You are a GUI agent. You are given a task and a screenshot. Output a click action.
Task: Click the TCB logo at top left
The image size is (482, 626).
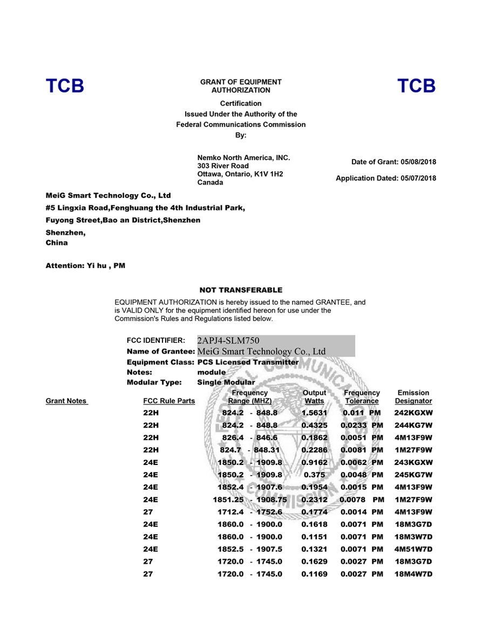click(65, 86)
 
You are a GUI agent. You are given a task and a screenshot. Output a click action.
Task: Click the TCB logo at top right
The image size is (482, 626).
click(416, 86)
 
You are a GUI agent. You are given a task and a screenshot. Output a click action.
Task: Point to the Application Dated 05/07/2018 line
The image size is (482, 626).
click(386, 178)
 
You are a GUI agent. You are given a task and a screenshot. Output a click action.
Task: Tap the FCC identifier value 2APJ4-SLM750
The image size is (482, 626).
click(228, 341)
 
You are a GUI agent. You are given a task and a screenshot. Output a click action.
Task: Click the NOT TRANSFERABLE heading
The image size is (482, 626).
click(241, 290)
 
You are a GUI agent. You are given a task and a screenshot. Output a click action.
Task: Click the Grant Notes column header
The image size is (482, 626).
click(66, 401)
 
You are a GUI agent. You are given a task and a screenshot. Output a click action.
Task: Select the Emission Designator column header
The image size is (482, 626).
click(413, 397)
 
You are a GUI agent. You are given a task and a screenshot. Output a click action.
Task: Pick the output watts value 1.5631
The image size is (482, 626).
click(314, 413)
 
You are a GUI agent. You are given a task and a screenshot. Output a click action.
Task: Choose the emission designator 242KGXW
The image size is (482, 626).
click(413, 413)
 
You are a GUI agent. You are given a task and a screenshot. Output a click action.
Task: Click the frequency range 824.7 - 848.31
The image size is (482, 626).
click(249, 450)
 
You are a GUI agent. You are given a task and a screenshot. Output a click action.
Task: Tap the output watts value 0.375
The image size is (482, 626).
click(314, 475)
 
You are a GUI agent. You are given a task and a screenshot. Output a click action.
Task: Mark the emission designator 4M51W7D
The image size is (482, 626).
click(413, 549)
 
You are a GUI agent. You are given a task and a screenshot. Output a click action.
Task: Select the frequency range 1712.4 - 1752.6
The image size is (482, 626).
click(249, 512)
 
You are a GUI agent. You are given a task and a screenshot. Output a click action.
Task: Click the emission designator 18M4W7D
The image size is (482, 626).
click(413, 574)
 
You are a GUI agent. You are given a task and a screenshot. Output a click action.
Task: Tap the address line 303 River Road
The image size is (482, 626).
click(223, 166)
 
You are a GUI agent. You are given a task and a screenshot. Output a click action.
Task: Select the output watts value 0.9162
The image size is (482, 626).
click(314, 463)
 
